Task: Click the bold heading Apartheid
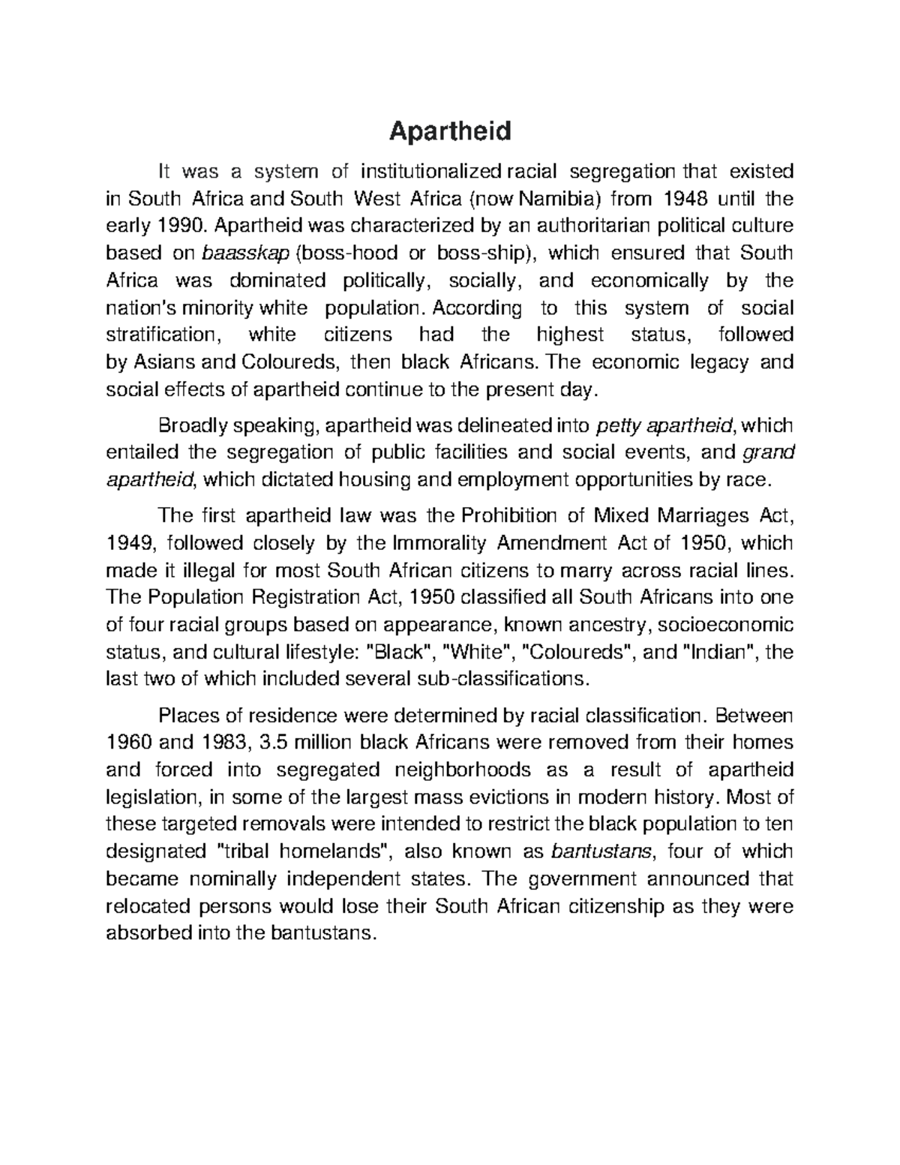tap(450, 131)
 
